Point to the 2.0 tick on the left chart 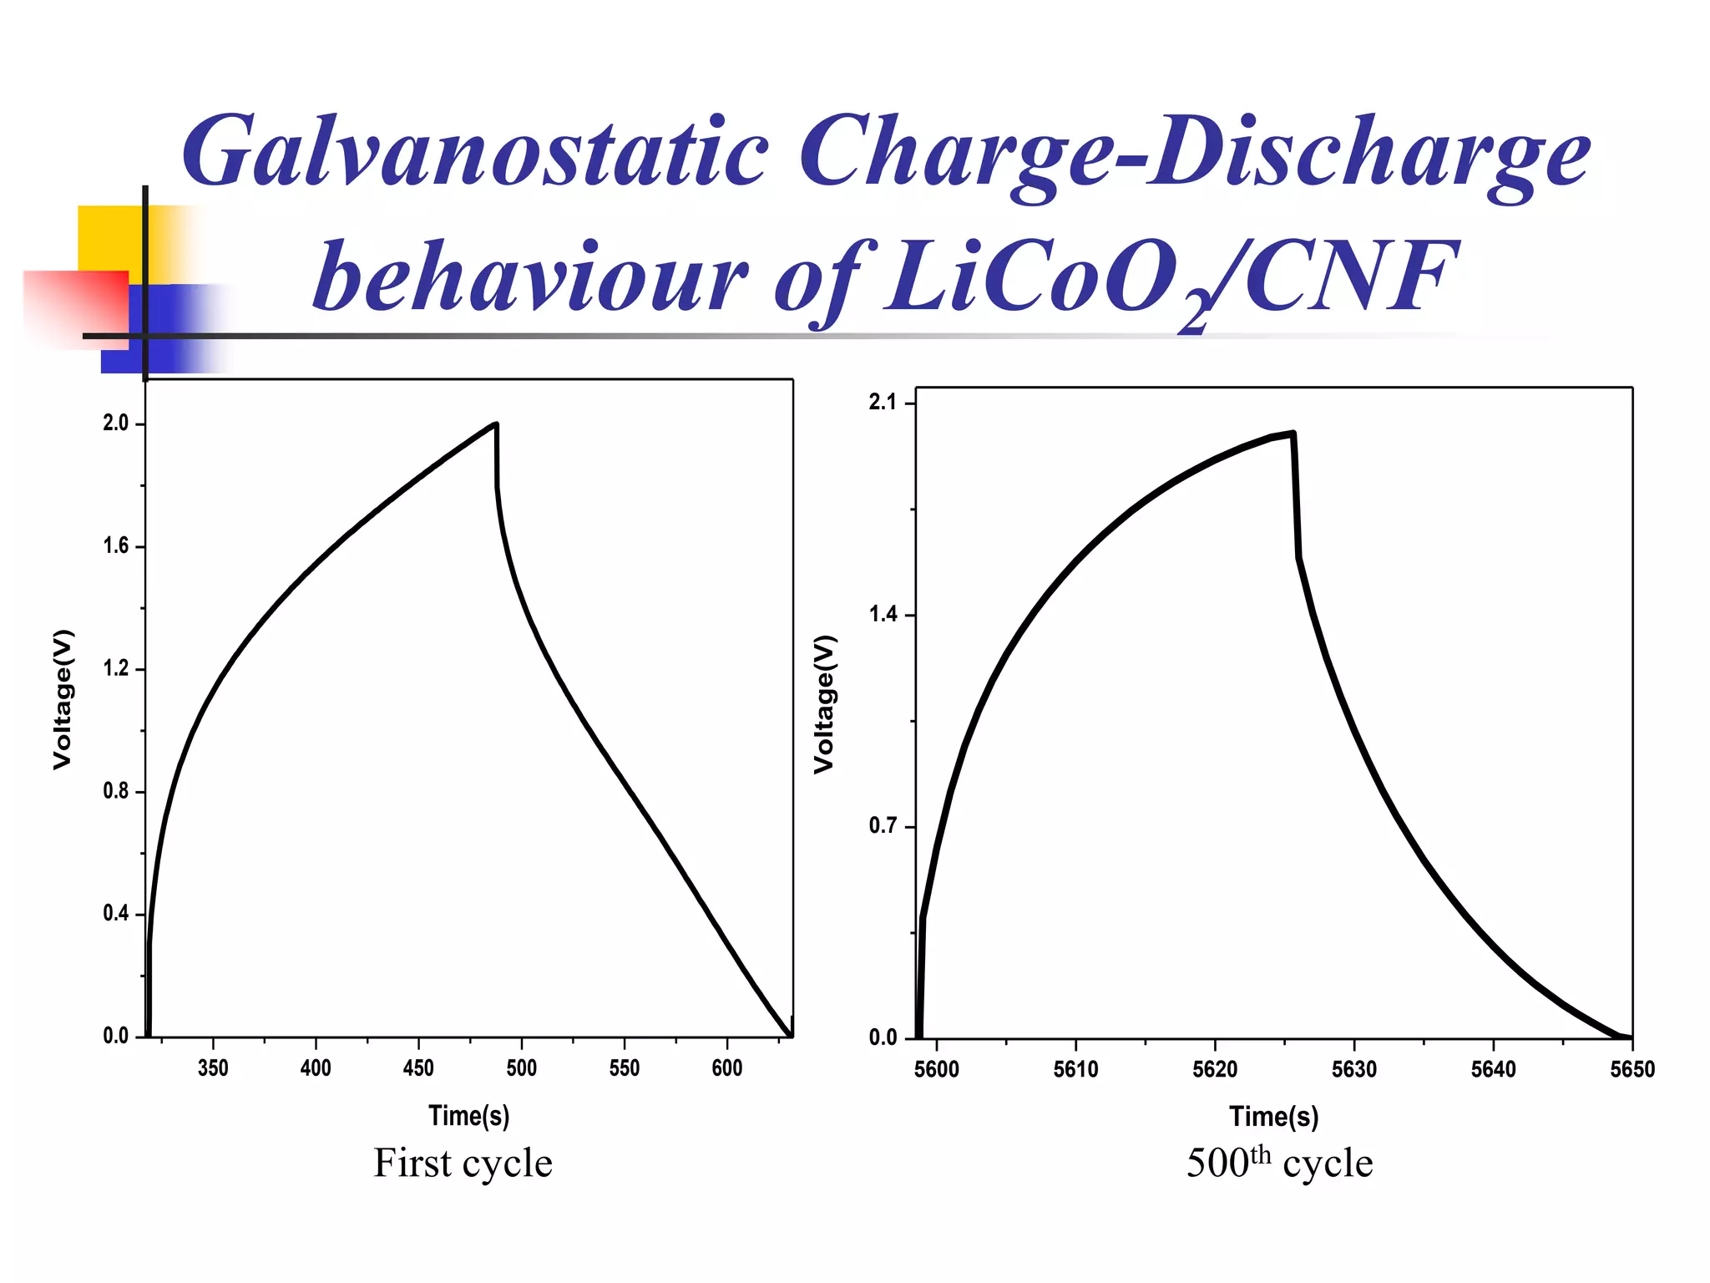116,423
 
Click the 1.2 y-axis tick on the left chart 116,668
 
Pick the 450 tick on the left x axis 418,1067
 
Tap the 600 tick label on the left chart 726,1067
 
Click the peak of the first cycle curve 496,425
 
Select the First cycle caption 463,1163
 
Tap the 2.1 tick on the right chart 883,403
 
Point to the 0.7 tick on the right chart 883,826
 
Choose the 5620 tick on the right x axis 1214,1069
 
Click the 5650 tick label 1632,1069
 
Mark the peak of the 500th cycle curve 1292,434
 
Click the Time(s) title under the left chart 468,1116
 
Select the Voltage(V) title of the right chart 824,704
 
